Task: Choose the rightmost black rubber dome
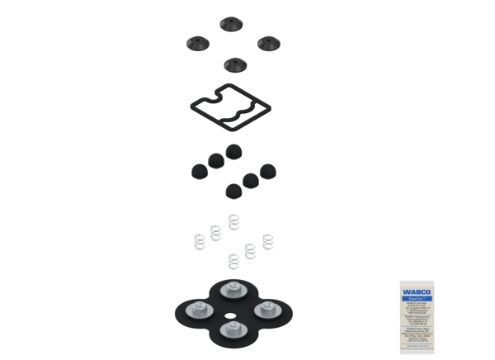coord(268,170)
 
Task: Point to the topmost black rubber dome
coord(234,151)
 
